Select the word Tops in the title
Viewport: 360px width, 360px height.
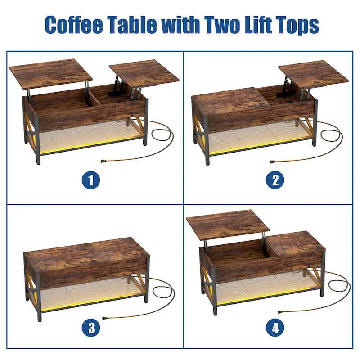(297, 26)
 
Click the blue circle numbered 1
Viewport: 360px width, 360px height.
(91, 180)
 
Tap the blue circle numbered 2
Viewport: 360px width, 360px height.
(275, 180)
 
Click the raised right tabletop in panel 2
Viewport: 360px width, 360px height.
(313, 73)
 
